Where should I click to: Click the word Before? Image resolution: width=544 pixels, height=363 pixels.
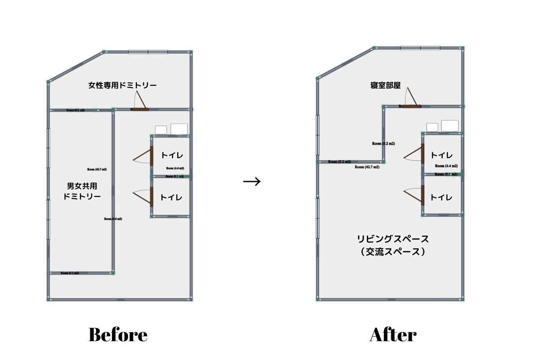tap(118, 335)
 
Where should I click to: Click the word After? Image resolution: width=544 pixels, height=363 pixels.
tap(393, 335)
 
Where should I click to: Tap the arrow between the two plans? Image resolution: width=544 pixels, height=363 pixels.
tap(252, 182)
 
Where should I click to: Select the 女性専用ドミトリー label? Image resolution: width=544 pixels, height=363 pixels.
tap(122, 85)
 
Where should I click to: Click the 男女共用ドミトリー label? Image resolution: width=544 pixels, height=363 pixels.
tap(82, 191)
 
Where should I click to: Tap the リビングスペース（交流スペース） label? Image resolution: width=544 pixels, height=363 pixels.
tap(393, 245)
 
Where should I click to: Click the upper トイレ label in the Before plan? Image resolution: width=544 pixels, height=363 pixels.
tap(172, 156)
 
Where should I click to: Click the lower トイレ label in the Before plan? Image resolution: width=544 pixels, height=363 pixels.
tap(172, 197)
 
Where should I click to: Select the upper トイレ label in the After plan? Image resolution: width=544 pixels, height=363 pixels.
tap(442, 155)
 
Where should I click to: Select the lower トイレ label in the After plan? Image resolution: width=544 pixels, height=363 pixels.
tap(442, 197)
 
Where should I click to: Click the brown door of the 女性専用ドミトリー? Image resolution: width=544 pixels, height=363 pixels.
tap(140, 109)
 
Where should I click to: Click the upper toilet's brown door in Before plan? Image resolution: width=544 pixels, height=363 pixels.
tap(151, 156)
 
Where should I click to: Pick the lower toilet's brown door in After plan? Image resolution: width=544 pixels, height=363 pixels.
tap(423, 196)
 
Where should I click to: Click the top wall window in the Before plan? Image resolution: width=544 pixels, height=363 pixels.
tap(148, 52)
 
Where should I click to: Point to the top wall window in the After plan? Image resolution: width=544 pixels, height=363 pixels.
tap(420, 48)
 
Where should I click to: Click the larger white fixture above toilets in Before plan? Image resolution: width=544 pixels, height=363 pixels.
tap(179, 129)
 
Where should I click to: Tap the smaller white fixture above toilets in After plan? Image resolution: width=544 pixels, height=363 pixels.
tap(432, 127)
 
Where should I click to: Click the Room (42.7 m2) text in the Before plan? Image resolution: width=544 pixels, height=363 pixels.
tap(98, 169)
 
